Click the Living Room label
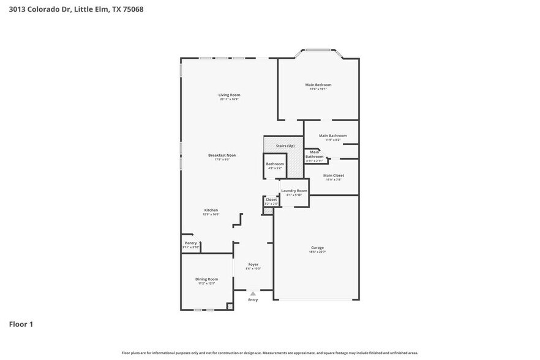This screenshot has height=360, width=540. [230, 95]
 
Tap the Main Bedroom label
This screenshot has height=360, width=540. [318, 84]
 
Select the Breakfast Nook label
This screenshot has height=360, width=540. [222, 156]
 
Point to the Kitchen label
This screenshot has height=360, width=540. [211, 210]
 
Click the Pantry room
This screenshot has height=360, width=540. [191, 244]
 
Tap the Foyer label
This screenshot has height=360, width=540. [253, 264]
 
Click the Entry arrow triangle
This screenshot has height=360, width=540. [253, 293]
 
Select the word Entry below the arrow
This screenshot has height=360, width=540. [253, 300]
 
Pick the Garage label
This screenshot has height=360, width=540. [317, 247]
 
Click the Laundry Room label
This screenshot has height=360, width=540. [294, 191]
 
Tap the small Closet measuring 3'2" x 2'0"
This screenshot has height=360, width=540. [271, 201]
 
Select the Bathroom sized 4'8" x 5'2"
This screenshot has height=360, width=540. [274, 165]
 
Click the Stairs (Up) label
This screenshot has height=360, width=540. [286, 146]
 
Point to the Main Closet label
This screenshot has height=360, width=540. [334, 176]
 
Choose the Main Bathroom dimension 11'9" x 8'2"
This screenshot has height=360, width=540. [332, 140]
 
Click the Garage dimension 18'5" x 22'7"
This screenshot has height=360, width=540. [317, 252]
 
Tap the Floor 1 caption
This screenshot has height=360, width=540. [21, 324]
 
